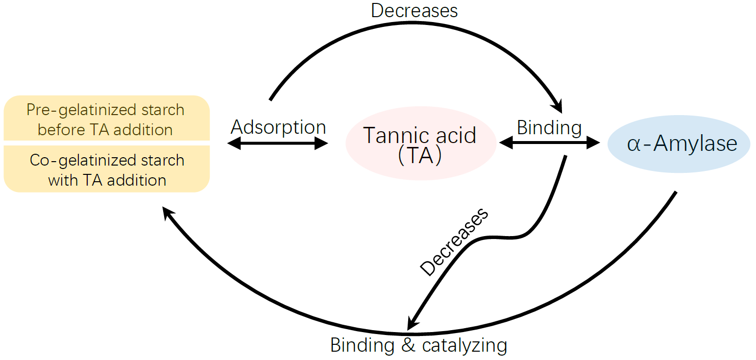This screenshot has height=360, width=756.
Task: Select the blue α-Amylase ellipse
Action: [679, 144]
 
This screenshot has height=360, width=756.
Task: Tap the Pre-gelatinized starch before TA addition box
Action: [106, 119]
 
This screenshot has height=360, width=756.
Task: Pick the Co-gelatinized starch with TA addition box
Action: [106, 169]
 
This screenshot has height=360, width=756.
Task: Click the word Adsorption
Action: [278, 127]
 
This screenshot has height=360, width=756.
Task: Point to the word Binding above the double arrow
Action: [549, 128]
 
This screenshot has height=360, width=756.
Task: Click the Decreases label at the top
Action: [414, 10]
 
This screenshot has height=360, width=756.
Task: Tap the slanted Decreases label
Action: [454, 241]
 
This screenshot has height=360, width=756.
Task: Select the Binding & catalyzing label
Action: [418, 345]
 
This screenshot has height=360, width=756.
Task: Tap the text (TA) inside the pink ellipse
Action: [420, 155]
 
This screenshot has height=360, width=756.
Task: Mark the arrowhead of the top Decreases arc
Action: [557, 107]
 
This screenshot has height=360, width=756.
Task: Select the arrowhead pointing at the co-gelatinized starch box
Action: [168, 212]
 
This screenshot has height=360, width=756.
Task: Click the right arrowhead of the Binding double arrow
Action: [594, 143]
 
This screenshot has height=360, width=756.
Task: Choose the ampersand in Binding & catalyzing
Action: [408, 345]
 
